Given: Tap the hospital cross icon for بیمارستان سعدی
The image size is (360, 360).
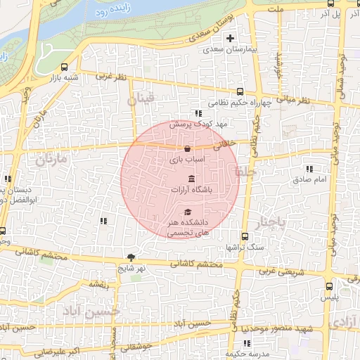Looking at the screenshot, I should (x=230, y=37).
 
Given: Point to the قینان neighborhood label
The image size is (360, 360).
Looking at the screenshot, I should (x=140, y=101).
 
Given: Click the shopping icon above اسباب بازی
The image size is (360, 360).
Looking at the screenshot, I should (x=187, y=148).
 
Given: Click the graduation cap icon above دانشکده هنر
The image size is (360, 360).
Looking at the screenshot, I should (x=187, y=211).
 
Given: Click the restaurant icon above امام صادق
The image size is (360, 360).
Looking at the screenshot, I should (x=309, y=169).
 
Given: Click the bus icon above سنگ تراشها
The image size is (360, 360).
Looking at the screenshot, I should (x=245, y=236).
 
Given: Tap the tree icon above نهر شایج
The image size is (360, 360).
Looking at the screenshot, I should (x=131, y=257).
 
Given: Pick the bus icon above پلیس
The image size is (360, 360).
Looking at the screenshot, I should (x=330, y=286).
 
